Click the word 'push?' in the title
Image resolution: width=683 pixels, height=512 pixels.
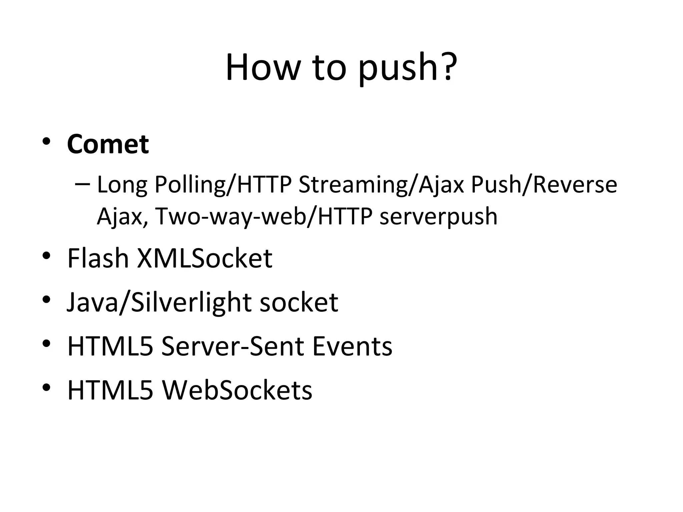click(x=408, y=68)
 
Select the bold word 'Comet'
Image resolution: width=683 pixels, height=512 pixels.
click(x=108, y=144)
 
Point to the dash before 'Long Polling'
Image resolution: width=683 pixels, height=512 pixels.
click(x=82, y=184)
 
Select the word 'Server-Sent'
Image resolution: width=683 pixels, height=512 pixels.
click(x=232, y=346)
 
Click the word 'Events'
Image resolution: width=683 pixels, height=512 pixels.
click(x=352, y=346)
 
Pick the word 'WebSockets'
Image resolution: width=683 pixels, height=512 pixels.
click(x=237, y=390)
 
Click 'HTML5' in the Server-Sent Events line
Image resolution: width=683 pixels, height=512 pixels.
click(x=110, y=346)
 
